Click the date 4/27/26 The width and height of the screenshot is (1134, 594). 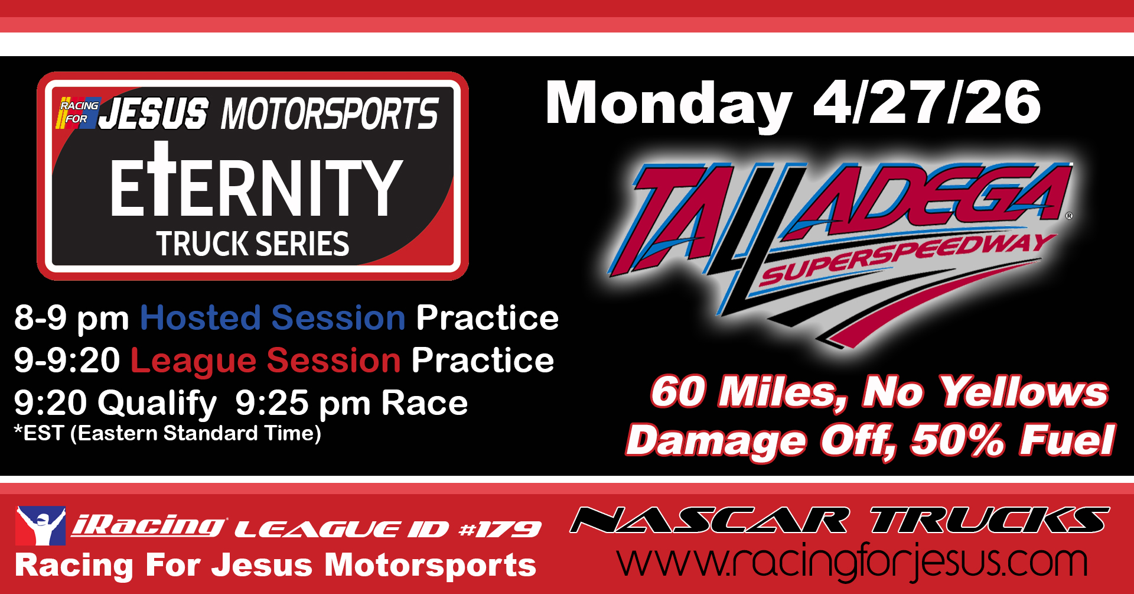[927, 103]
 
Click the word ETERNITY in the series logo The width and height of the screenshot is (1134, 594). [256, 180]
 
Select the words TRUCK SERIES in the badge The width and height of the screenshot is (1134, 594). [253, 244]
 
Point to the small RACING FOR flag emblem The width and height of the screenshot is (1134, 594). [79, 112]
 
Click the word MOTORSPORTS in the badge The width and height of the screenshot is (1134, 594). [330, 113]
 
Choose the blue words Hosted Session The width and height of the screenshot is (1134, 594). [273, 318]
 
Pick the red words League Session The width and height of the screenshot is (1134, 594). [266, 361]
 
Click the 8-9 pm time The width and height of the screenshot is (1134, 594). [71, 319]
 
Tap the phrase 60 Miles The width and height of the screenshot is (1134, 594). [750, 392]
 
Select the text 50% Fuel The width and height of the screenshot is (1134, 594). [1013, 440]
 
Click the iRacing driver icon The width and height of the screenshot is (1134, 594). [41, 525]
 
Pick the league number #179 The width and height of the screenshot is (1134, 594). [500, 529]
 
